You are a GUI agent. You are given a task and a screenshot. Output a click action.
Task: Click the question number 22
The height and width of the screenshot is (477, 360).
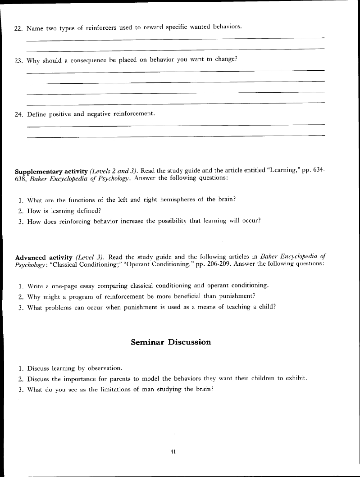[18, 28]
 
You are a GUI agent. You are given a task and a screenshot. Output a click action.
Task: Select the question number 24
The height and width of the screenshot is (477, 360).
[18, 114]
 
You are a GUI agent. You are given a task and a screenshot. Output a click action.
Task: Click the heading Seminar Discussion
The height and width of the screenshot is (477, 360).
[171, 342]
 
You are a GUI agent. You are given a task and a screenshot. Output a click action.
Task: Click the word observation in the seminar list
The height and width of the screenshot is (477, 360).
[104, 368]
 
